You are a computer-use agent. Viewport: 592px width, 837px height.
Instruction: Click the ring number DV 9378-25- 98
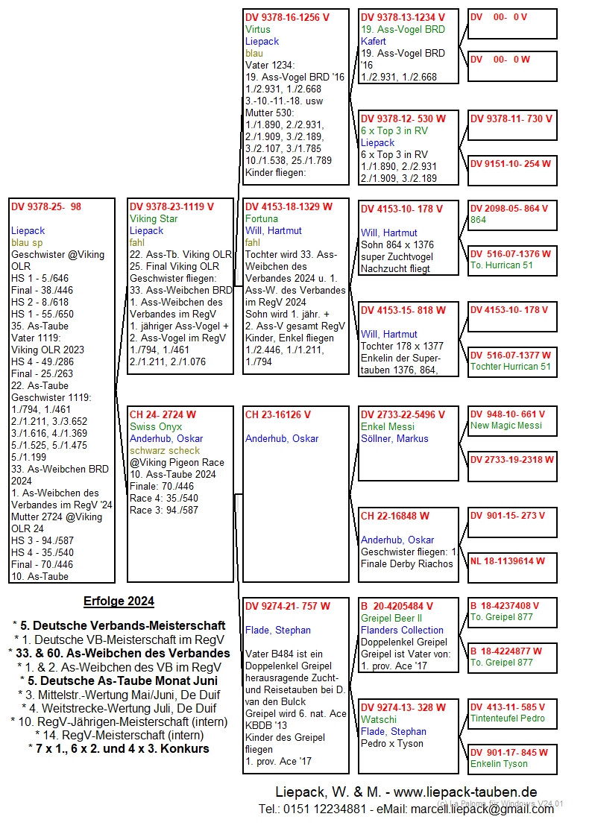(x=46, y=206)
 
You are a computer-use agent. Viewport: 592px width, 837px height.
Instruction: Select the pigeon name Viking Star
(x=154, y=218)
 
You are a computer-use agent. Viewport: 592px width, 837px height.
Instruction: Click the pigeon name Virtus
(x=258, y=30)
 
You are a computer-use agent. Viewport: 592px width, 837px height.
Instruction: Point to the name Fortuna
(x=262, y=218)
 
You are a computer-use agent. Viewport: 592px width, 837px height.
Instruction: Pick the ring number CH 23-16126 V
(x=278, y=414)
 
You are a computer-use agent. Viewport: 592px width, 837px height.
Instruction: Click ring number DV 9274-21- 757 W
(x=288, y=606)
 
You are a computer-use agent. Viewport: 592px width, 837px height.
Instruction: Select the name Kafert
(x=374, y=42)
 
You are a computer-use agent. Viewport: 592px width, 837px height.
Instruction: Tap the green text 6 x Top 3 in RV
(x=394, y=130)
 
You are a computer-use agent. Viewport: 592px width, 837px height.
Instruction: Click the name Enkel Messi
(x=388, y=426)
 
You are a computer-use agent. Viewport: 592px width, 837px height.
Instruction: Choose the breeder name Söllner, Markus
(x=394, y=438)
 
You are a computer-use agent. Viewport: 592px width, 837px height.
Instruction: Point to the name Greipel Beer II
(x=391, y=618)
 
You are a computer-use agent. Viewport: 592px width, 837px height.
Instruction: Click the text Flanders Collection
(x=402, y=630)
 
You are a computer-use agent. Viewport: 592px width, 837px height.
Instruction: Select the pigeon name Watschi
(x=379, y=719)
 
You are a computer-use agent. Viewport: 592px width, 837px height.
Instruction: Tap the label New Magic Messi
(x=506, y=426)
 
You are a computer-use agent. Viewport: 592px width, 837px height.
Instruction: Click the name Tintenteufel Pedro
(x=508, y=718)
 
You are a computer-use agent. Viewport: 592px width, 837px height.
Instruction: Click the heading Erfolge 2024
(x=119, y=601)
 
